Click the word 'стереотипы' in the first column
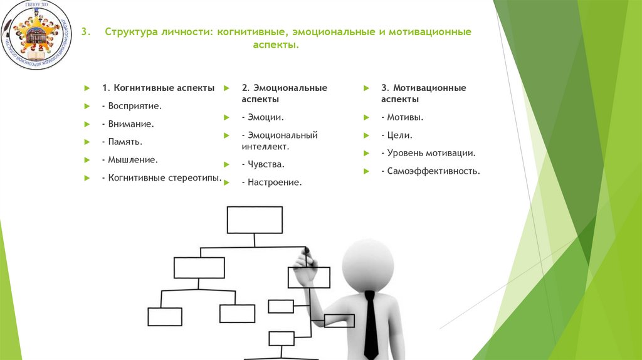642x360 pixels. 194,178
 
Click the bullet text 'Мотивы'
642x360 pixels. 405,117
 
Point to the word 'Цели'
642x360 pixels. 399,135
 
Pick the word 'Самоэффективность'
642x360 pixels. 434,171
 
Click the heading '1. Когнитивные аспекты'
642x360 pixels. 159,88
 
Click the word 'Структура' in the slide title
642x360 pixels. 130,32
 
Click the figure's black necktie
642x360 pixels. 371,326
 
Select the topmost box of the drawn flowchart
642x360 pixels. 255,220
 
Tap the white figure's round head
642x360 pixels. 368,263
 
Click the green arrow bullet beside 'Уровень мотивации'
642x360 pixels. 365,153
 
